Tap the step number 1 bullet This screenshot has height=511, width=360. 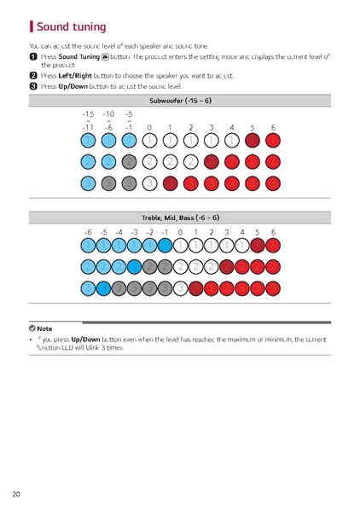[x=33, y=55]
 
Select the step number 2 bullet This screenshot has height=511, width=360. [x=33, y=75]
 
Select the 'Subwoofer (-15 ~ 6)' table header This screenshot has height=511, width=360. [x=179, y=101]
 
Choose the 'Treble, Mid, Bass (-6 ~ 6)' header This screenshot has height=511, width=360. [x=179, y=218]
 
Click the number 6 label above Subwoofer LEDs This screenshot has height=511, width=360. [x=273, y=127]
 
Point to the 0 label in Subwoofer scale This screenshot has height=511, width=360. [x=149, y=127]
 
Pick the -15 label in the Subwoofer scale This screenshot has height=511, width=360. [x=88, y=113]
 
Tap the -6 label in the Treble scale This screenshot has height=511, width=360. [x=88, y=231]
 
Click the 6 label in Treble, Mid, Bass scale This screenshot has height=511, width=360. [x=273, y=231]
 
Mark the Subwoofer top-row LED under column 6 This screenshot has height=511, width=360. [x=273, y=139]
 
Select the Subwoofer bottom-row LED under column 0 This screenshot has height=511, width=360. [x=149, y=183]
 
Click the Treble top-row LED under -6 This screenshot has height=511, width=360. [x=88, y=246]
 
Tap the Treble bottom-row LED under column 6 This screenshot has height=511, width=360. [x=273, y=287]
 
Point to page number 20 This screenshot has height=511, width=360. [x=17, y=494]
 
